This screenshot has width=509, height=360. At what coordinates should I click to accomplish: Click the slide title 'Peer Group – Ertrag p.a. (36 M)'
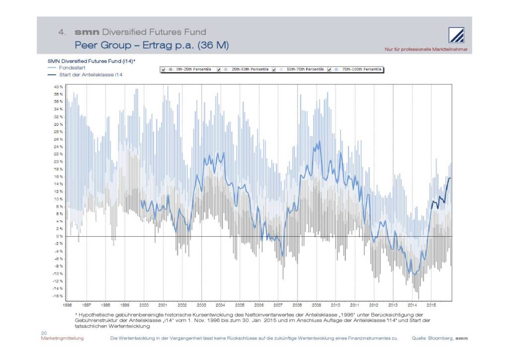click(x=151, y=45)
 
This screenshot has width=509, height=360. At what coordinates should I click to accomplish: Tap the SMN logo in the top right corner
click(x=457, y=35)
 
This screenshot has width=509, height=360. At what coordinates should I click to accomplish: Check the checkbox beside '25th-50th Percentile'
click(x=219, y=70)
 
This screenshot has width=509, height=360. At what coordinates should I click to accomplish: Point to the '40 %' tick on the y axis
click(x=58, y=87)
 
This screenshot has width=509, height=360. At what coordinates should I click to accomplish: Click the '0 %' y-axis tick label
click(x=59, y=236)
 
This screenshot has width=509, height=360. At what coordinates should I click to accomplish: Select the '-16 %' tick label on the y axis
click(x=58, y=296)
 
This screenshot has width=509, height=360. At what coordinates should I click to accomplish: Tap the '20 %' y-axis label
click(x=58, y=162)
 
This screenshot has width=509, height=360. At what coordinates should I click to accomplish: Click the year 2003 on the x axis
click(x=201, y=303)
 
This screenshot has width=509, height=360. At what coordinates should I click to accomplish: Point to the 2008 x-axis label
click(x=297, y=303)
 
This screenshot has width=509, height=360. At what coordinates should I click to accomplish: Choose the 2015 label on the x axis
click(x=431, y=303)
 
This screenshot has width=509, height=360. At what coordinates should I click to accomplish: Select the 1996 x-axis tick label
click(x=68, y=303)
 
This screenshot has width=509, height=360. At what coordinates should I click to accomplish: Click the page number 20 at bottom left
click(x=43, y=333)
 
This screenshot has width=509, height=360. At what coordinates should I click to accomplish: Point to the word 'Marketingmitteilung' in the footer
click(x=62, y=338)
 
